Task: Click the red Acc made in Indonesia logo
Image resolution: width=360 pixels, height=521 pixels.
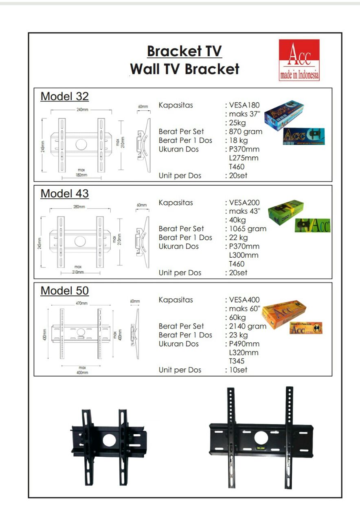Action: (299, 60)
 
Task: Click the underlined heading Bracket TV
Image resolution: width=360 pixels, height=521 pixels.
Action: (184, 52)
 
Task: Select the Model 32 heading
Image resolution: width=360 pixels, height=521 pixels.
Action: (65, 96)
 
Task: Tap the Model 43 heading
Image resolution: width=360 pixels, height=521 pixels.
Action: (65, 194)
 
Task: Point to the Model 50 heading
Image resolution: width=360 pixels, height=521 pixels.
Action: (65, 291)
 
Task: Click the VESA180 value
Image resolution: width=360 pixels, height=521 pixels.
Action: (244, 105)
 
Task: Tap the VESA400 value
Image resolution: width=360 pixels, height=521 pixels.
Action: (244, 300)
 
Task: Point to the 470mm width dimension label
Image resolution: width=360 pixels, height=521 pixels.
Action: (81, 304)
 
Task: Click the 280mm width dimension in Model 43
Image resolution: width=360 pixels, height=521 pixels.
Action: (79, 207)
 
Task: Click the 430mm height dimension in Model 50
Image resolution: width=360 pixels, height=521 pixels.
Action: (45, 335)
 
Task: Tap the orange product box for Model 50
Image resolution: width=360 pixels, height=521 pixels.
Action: (284, 312)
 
